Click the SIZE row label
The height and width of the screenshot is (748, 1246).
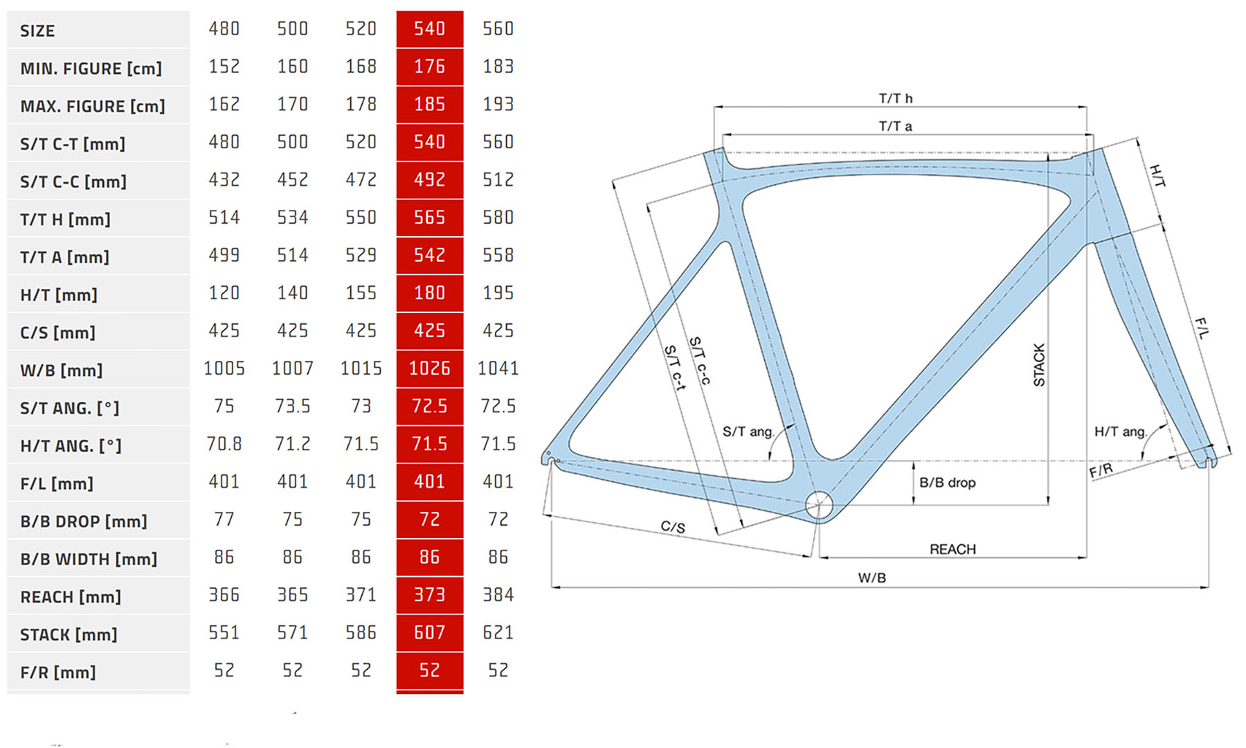(x=37, y=31)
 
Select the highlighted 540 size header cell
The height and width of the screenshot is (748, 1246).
(x=430, y=29)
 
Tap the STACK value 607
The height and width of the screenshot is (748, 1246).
(x=430, y=632)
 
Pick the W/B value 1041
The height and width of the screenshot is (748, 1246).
(x=498, y=368)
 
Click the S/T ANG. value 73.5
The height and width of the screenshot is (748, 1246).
(x=293, y=406)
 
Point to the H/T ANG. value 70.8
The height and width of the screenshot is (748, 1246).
(x=224, y=444)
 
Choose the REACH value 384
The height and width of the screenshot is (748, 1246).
(x=498, y=595)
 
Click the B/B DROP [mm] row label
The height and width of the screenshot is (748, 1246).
(x=84, y=522)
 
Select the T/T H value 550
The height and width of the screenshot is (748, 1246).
(x=361, y=217)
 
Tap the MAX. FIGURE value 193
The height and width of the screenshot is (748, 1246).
(x=498, y=105)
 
